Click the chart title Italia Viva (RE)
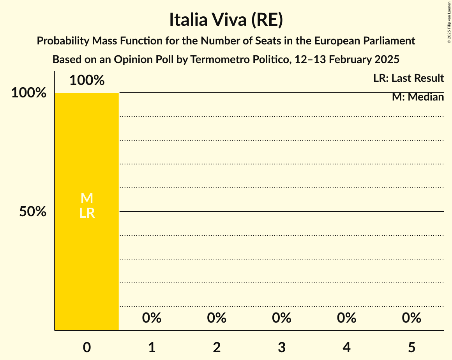[x=226, y=20]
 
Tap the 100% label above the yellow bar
[x=87, y=81]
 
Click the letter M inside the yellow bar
[x=87, y=198]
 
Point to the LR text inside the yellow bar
[x=87, y=213]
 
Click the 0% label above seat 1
[x=152, y=318]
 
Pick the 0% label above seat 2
[x=217, y=318]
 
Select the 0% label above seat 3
[x=282, y=318]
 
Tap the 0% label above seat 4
[x=346, y=318]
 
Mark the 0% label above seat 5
[x=411, y=318]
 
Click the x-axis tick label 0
[x=87, y=348]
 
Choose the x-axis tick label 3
[x=282, y=348]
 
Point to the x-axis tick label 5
[x=411, y=348]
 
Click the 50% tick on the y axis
[x=33, y=212]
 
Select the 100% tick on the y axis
[x=29, y=93]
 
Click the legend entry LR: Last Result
[x=408, y=78]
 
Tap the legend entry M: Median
[x=418, y=97]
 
